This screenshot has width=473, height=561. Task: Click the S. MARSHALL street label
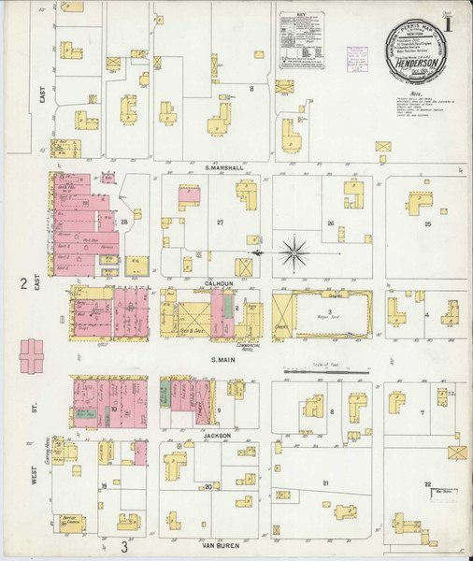[223, 168]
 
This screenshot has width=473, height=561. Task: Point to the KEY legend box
[302, 37]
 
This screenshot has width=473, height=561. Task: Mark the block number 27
[221, 223]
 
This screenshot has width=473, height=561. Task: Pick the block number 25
[428, 224]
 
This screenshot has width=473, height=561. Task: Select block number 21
[325, 483]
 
